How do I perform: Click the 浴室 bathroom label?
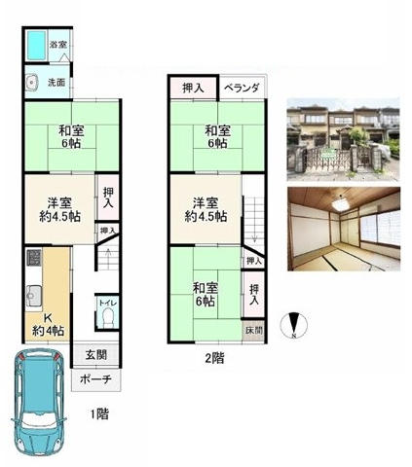[57, 45]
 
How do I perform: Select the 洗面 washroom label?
[57, 83]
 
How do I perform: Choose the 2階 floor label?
[214, 357]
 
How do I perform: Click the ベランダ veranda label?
[241, 89]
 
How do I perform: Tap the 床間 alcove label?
[253, 331]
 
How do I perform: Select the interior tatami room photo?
[344, 228]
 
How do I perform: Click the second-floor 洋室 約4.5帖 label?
[206, 208]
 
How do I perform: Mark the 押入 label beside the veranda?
[192, 89]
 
